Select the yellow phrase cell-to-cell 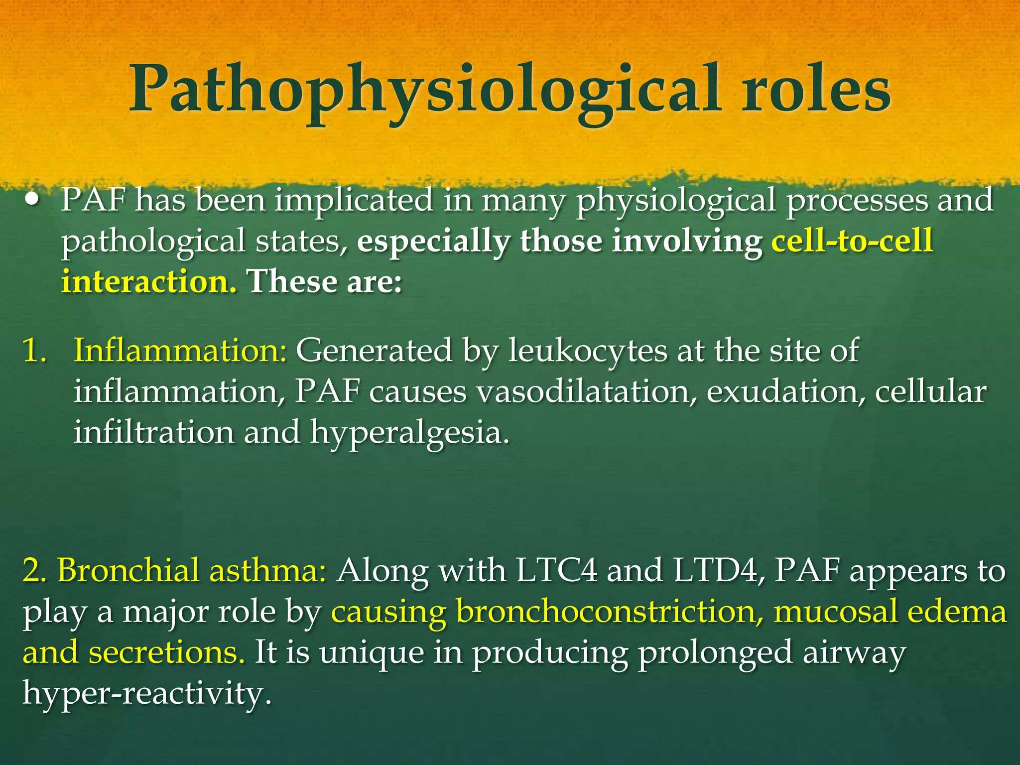pyautogui.click(x=852, y=241)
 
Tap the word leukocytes pyautogui.click(x=588, y=351)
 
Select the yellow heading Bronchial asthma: pyautogui.click(x=192, y=571)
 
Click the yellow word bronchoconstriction pyautogui.click(x=610, y=612)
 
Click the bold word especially pyautogui.click(x=433, y=242)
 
